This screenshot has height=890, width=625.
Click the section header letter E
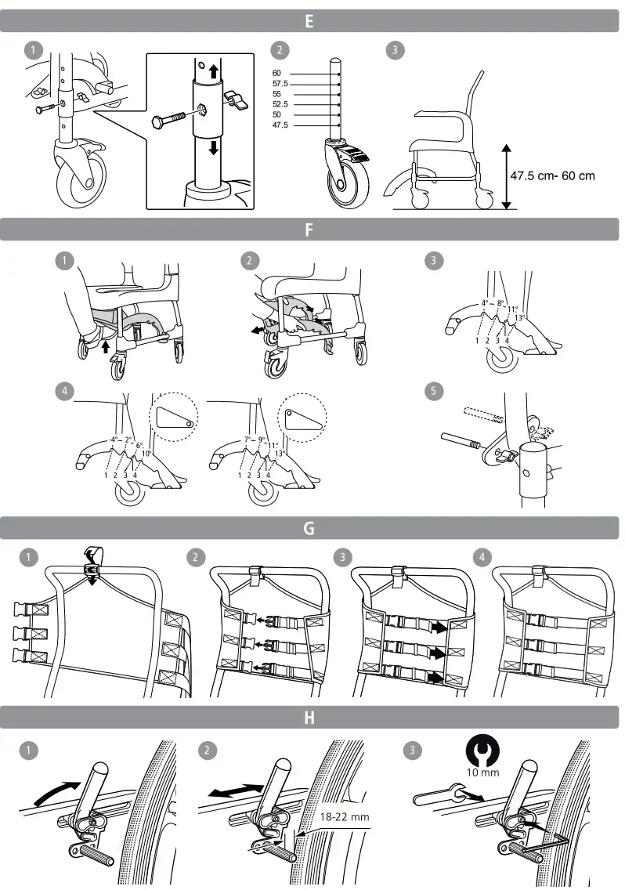[x=309, y=21]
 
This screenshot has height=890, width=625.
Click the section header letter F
[x=309, y=230]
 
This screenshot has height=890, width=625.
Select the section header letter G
[x=309, y=528]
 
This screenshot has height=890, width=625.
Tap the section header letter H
[x=309, y=717]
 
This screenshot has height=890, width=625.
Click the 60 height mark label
[x=277, y=72]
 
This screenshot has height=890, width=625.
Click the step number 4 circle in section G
[x=482, y=557]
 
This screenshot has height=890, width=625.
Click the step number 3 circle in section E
[x=396, y=50]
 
